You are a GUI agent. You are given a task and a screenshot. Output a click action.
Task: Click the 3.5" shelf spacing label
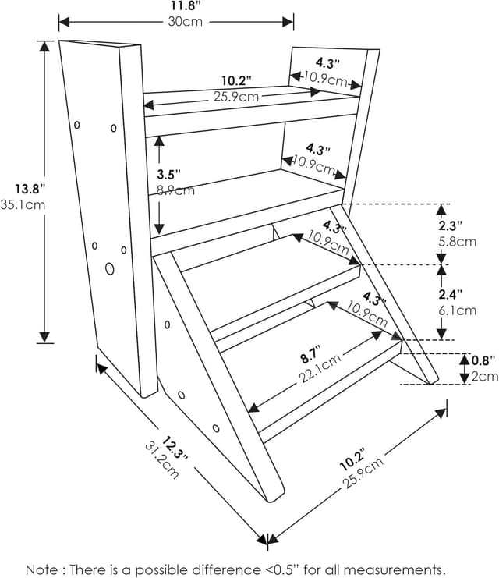(x=168, y=173)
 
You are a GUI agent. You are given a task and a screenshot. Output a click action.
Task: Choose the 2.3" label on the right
(x=460, y=225)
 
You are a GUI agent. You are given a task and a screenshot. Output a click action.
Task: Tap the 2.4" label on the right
(x=460, y=294)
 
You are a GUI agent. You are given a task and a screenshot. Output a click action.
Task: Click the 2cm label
(x=484, y=377)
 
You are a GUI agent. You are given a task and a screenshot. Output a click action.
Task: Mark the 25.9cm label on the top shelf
(x=237, y=97)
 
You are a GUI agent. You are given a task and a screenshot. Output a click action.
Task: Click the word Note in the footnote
(x=42, y=569)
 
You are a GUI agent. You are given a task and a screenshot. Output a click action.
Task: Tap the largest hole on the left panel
(x=109, y=269)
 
